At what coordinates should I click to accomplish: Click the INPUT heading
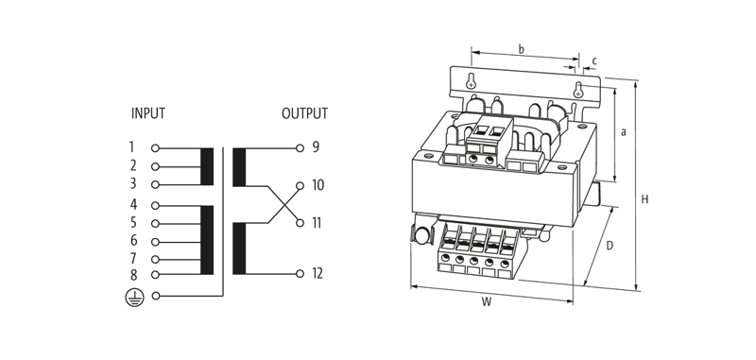[148, 113]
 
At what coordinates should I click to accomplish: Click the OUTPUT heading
[304, 113]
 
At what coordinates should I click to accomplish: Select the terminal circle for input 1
[155, 148]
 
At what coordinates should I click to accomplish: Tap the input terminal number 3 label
[133, 183]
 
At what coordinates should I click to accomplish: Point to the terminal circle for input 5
[155, 224]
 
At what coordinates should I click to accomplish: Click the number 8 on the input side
[133, 275]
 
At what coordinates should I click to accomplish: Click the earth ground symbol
[134, 297]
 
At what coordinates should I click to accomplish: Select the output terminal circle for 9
[300, 148]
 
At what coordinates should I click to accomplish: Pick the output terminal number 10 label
[318, 185]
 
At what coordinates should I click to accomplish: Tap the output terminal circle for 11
[300, 223]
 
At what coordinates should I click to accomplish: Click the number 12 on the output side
[318, 274]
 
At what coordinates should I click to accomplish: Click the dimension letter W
[487, 303]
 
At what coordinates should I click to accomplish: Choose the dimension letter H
[644, 199]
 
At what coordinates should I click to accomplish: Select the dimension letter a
[624, 131]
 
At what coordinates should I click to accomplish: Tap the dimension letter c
[594, 61]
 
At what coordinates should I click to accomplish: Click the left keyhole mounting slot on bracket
[471, 83]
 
